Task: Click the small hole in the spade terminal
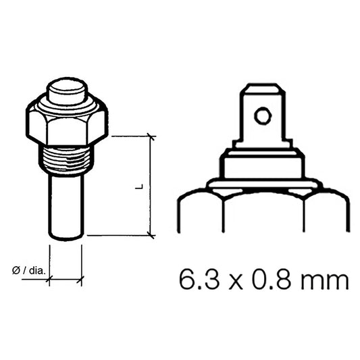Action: click(x=262, y=116)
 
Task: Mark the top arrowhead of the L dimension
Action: click(x=151, y=138)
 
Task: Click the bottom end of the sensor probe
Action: click(x=66, y=235)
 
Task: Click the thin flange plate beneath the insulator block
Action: click(x=262, y=184)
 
